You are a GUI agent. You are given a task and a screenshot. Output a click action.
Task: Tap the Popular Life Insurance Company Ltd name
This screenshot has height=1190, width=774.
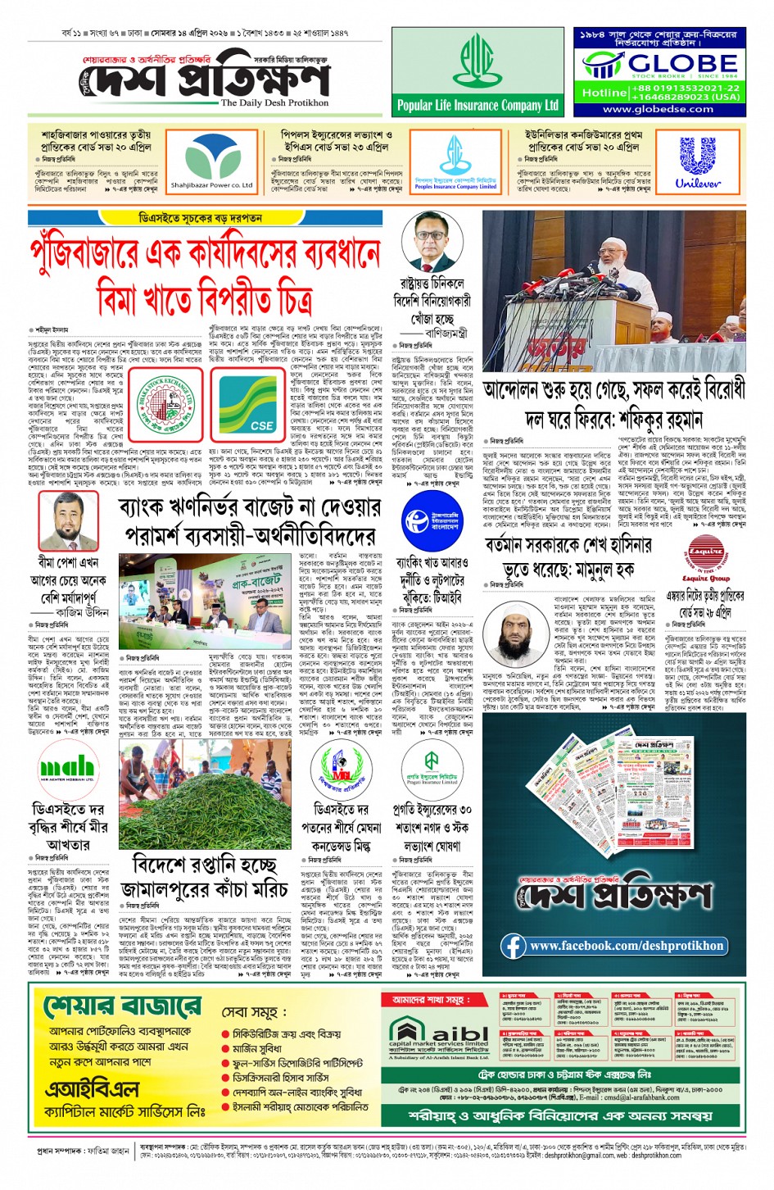click(478, 105)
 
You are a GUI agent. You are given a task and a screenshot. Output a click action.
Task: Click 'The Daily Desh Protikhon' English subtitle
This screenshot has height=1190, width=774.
click(274, 103)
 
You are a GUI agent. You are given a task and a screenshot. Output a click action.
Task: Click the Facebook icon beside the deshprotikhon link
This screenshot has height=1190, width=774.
click(514, 946)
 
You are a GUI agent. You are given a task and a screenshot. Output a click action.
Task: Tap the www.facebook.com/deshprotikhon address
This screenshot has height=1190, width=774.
click(627, 946)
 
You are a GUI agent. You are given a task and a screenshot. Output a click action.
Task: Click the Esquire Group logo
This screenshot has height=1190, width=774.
click(705, 557)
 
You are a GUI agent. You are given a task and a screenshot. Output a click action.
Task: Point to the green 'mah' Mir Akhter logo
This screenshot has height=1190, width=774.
click(67, 768)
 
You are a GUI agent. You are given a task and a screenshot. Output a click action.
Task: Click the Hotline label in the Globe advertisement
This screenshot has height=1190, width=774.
click(604, 93)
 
